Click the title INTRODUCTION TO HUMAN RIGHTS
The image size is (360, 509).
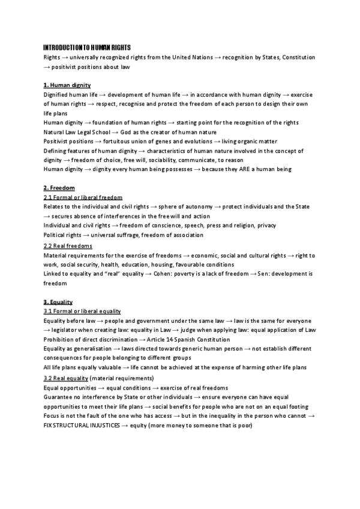point(87,47)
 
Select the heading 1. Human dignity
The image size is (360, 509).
point(67,85)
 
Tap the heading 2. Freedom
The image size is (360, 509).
point(59,188)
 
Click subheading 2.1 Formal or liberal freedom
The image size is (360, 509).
point(83,197)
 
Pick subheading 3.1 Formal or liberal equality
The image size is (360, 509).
point(82,311)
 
